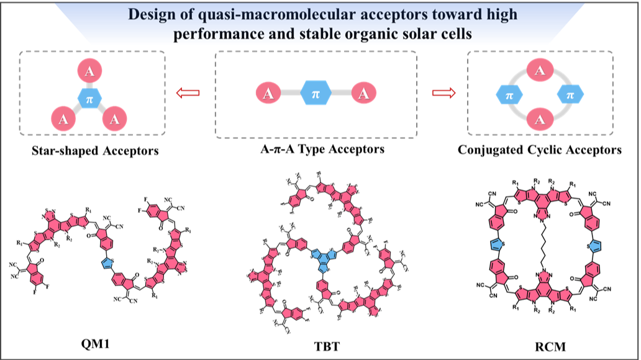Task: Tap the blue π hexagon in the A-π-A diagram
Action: (316, 94)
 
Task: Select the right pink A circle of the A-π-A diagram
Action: (363, 94)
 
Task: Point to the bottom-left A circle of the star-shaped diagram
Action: (63, 118)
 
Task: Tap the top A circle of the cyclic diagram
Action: (540, 70)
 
